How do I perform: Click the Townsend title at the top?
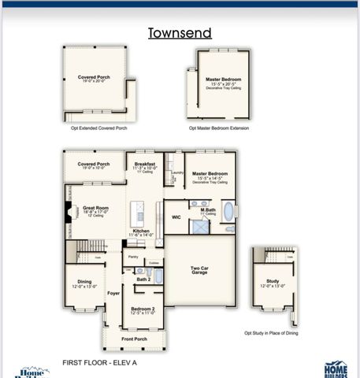(x=180, y=33)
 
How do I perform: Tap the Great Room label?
(x=96, y=209)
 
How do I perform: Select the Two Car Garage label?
(x=199, y=269)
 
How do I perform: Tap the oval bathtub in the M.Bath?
(x=228, y=211)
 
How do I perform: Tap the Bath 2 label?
(x=143, y=280)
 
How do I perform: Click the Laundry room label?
(x=177, y=172)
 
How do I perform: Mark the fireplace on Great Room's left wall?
(x=67, y=211)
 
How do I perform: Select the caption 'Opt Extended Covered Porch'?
(x=98, y=126)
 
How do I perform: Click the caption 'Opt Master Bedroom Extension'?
(x=223, y=127)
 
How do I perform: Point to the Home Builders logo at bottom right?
(x=336, y=368)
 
